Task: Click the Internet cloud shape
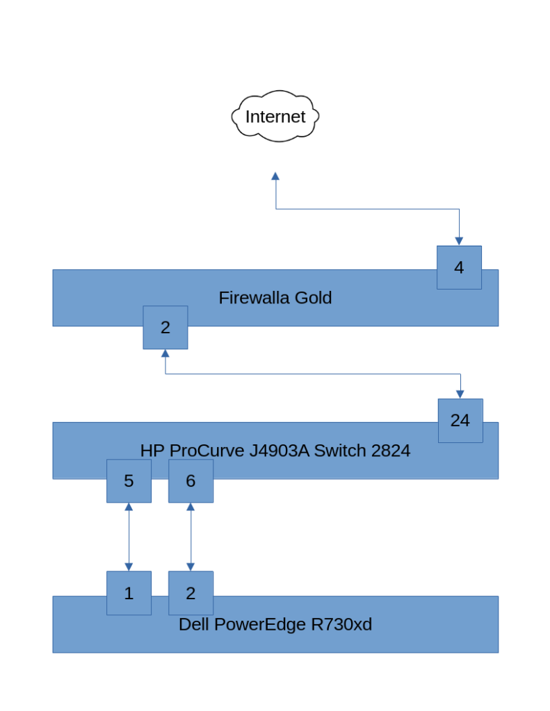click(x=275, y=116)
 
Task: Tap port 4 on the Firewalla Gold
click(x=459, y=267)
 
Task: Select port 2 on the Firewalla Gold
click(x=165, y=328)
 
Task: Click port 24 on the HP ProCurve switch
click(x=460, y=420)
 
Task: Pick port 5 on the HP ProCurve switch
click(x=129, y=480)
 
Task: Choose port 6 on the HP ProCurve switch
click(x=191, y=480)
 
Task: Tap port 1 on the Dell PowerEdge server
click(x=129, y=593)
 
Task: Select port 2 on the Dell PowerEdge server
click(x=191, y=593)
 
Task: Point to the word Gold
click(x=313, y=298)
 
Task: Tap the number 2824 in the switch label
click(x=391, y=451)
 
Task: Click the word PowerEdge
click(x=260, y=624)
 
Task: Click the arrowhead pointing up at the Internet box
click(x=275, y=177)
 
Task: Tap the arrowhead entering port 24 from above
click(x=460, y=394)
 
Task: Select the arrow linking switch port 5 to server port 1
click(x=129, y=537)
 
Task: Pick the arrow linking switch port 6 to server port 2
click(x=191, y=537)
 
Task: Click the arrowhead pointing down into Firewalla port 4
click(x=459, y=241)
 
